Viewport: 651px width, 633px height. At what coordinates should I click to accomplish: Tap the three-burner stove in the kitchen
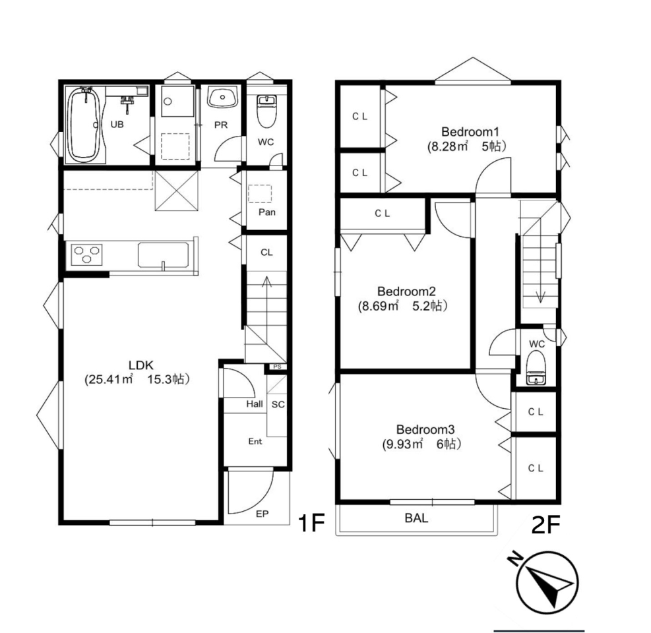point(87,254)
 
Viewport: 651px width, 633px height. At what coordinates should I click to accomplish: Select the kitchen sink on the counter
point(163,255)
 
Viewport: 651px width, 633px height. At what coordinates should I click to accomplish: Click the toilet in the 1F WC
point(266,111)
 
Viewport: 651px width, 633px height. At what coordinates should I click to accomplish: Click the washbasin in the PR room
point(222,98)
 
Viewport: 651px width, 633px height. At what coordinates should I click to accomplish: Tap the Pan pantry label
point(266,212)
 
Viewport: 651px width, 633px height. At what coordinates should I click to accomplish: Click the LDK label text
point(141,365)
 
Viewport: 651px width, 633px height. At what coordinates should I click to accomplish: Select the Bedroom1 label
point(470,132)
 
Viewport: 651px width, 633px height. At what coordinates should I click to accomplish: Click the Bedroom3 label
point(425,429)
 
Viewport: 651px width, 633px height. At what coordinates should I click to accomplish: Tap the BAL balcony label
point(416,518)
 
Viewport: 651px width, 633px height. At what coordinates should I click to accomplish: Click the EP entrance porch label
point(262,514)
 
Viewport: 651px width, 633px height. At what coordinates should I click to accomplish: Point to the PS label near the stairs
point(277,367)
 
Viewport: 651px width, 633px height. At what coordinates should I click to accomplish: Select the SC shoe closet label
point(278,404)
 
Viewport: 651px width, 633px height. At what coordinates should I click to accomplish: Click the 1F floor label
point(311,523)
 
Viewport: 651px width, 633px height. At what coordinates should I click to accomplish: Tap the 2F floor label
point(546,525)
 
